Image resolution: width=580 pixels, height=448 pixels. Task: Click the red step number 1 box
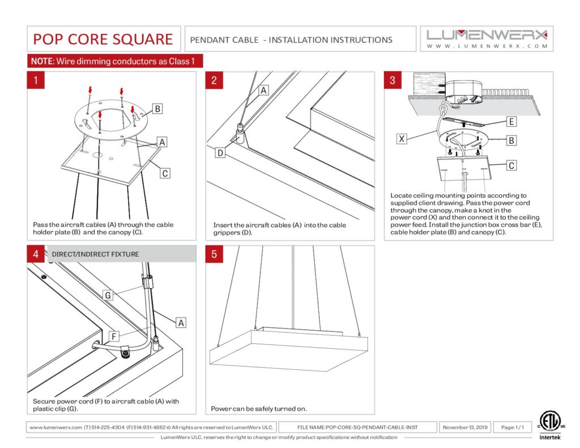click(36, 80)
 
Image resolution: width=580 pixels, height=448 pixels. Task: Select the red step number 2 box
click(214, 80)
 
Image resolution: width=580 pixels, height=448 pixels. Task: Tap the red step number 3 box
click(393, 80)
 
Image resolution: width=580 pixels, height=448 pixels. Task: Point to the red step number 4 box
click(36, 254)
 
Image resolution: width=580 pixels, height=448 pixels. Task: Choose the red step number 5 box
click(214, 254)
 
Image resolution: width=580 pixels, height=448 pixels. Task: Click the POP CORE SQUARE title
click(103, 39)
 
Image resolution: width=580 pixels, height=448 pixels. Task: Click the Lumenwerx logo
click(487, 39)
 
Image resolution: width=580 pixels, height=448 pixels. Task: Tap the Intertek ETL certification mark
click(547, 425)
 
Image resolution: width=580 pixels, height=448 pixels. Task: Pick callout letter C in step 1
click(165, 173)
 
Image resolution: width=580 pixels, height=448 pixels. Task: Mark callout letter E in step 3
click(511, 122)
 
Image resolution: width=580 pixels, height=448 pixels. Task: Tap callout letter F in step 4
click(114, 336)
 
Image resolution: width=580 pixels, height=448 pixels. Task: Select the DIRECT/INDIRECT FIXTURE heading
click(95, 254)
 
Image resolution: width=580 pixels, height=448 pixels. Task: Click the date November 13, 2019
click(465, 427)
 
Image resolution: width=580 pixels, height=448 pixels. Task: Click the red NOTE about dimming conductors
click(115, 61)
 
